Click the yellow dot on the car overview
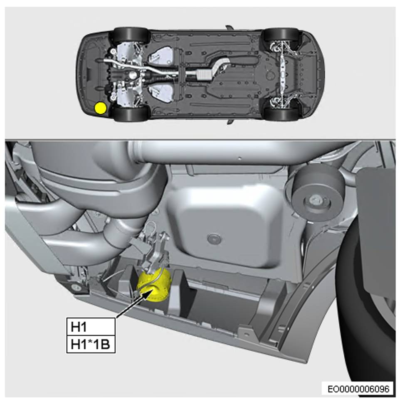click(100, 108)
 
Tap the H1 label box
click(91, 327)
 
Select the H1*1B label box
click(91, 344)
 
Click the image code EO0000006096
click(358, 389)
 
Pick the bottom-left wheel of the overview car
click(132, 113)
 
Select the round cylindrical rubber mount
click(317, 192)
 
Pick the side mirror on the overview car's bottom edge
click(230, 122)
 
